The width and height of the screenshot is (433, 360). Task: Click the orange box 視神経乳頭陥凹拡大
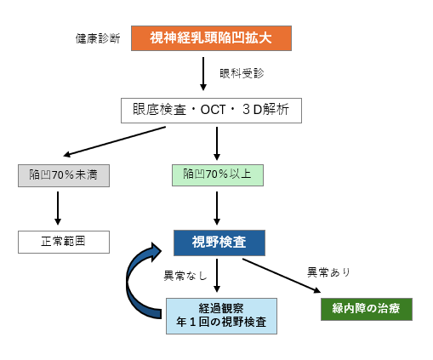coord(211,38)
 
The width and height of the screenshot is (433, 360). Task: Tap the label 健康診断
coord(98,38)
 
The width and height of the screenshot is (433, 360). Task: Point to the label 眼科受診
coord(242,73)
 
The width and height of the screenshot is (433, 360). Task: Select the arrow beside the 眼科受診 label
coord(203,74)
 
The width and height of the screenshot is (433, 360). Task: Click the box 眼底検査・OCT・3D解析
coord(211,111)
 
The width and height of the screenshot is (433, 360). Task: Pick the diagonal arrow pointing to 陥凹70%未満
coord(115,141)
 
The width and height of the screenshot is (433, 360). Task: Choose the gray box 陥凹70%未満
coord(64,175)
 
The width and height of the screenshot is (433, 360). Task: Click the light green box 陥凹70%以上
coord(218,175)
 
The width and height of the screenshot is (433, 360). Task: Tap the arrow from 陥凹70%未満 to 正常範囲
coord(58,209)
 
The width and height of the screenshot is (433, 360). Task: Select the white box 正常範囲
coord(64,242)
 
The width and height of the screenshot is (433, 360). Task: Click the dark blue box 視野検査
coord(219,243)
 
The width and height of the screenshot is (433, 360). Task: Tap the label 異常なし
coord(185,276)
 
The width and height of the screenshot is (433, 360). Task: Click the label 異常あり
coord(329,272)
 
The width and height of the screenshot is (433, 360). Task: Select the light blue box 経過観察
coord(221,316)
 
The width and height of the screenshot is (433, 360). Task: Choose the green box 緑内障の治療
coord(367,309)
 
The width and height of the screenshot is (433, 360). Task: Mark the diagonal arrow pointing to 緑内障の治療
coord(282,276)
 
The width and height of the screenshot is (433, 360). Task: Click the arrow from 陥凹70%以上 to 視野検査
coord(217,209)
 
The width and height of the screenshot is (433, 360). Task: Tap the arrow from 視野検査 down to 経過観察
coord(217,276)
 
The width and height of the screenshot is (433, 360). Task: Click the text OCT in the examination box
coord(213,110)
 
